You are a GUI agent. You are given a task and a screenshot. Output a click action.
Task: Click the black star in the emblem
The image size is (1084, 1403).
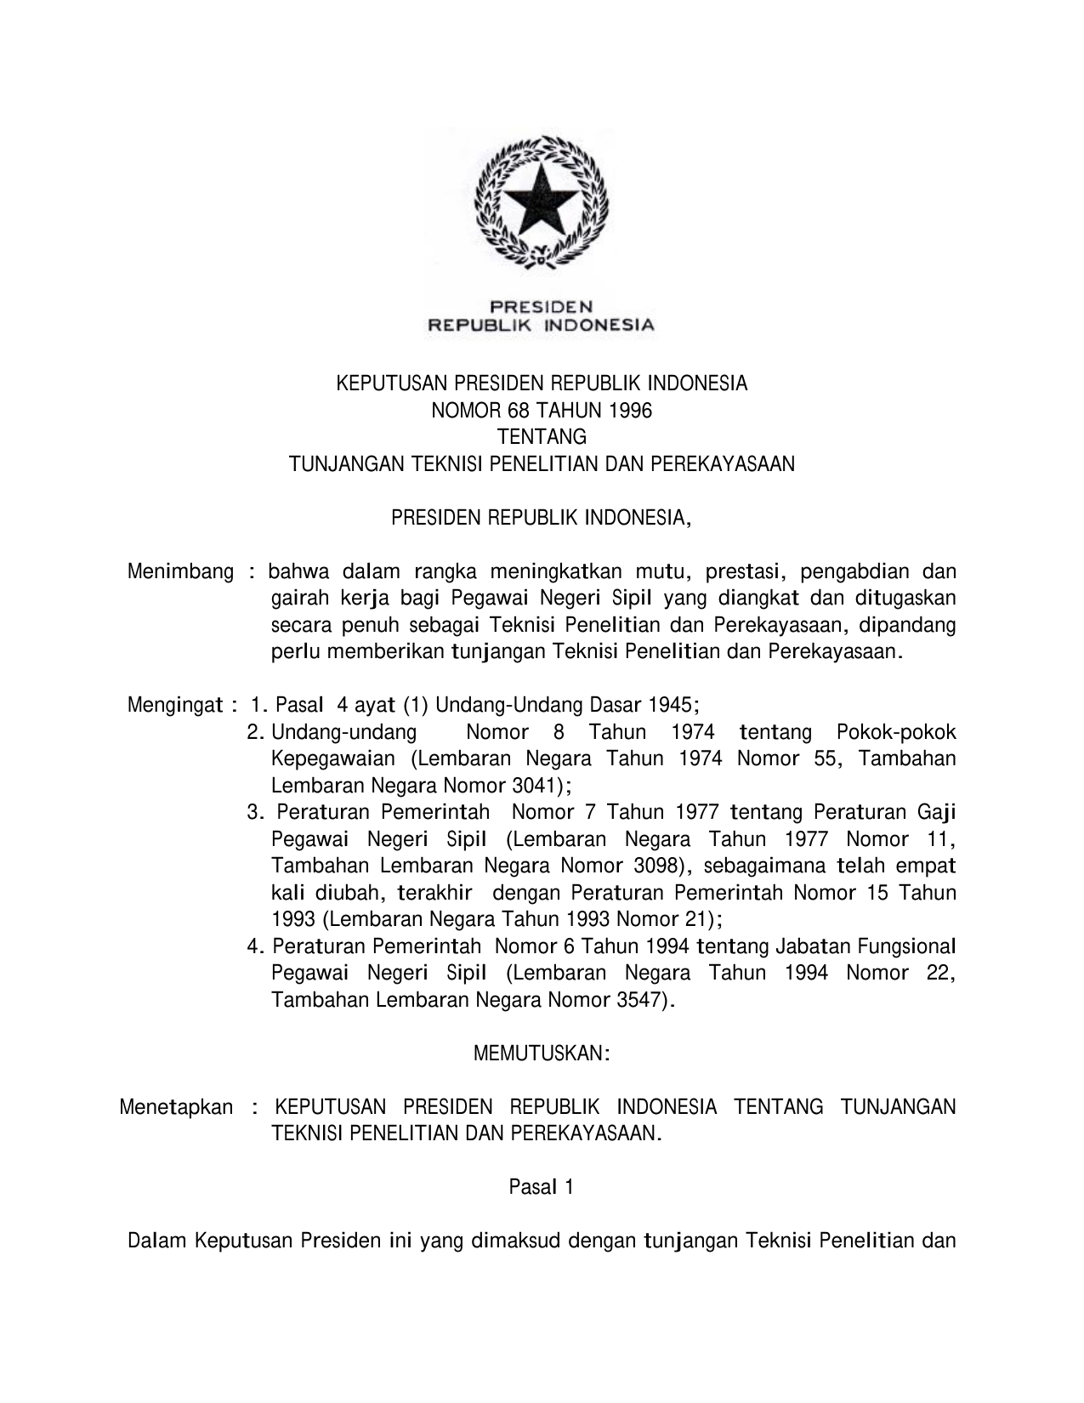click(x=542, y=201)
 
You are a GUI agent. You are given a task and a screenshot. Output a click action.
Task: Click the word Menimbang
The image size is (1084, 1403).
click(x=180, y=571)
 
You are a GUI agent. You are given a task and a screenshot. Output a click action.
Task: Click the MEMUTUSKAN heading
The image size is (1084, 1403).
click(x=542, y=1054)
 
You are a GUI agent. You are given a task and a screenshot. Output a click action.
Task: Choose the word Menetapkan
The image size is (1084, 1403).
click(x=176, y=1107)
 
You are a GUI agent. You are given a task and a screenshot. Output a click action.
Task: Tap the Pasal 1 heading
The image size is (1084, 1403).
click(x=542, y=1186)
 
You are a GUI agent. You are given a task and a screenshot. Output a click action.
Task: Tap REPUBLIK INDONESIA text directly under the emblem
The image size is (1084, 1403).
click(x=541, y=324)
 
